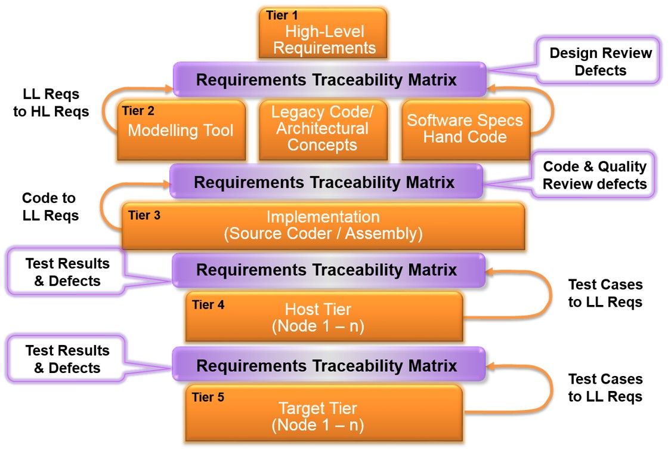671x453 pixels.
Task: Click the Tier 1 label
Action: point(282,16)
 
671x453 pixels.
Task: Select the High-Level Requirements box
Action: point(323,33)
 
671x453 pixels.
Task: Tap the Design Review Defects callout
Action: point(599,61)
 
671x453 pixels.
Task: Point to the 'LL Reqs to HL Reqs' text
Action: point(51,103)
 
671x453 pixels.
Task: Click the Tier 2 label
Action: point(138,111)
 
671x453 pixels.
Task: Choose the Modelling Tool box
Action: point(181,131)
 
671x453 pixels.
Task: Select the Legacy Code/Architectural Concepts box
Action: point(323,131)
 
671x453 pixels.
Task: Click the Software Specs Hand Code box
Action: point(466,131)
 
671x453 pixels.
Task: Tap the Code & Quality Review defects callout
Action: point(594,174)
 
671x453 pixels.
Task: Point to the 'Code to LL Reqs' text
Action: point(50,207)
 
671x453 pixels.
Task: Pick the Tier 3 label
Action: point(144,215)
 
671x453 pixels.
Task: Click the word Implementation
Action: point(323,217)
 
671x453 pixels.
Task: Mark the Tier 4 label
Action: point(208,305)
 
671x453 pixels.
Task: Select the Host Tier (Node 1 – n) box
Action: point(324,317)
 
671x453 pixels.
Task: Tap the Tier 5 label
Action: point(208,397)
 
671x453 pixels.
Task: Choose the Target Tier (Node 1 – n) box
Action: point(324,413)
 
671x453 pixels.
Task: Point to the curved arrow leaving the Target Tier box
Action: point(551,389)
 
